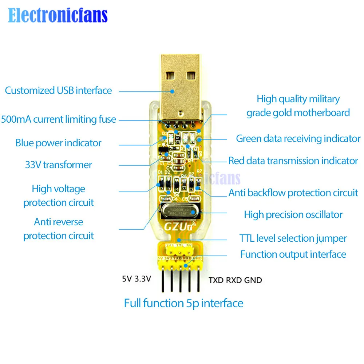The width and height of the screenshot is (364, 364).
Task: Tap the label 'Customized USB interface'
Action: point(58,90)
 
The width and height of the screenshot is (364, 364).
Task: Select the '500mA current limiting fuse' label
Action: point(58,119)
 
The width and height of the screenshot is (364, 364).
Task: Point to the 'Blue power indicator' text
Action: point(58,143)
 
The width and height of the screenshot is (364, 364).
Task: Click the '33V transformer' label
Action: point(58,165)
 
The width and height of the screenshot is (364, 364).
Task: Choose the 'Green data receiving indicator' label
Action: point(298,139)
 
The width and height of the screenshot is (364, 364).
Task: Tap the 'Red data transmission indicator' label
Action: point(293,161)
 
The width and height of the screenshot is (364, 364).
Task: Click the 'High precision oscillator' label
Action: point(293,215)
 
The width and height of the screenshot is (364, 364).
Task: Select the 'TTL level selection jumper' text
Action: point(293,239)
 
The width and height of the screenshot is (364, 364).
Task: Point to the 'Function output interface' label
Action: point(293,254)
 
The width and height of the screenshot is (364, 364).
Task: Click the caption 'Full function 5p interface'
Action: point(183,303)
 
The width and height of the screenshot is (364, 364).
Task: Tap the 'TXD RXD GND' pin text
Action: point(235,280)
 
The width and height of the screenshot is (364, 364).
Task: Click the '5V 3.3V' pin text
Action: point(136,280)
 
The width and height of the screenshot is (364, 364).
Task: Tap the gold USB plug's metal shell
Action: point(180,87)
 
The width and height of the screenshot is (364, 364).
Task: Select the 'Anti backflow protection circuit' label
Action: point(293,193)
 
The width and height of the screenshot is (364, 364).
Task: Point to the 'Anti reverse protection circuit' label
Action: point(58,229)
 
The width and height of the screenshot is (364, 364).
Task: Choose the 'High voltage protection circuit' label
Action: point(58,195)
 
